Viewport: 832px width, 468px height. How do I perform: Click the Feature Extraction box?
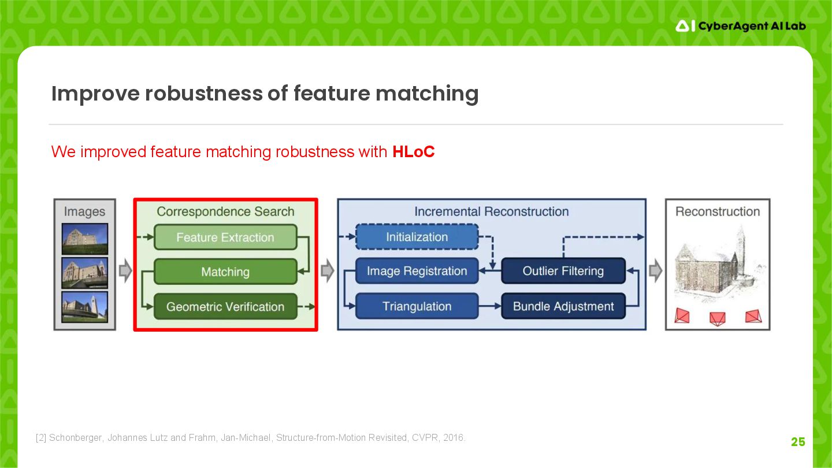225,237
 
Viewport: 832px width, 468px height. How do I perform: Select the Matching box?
225,272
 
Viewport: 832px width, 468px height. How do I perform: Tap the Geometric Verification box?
225,307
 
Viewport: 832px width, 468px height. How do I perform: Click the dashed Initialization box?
417,237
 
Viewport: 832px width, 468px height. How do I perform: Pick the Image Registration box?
417,271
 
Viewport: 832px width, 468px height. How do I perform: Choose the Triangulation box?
417,306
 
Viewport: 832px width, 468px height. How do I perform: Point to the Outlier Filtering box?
563,271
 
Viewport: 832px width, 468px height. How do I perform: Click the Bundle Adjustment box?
563,306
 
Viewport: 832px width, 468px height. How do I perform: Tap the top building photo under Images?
85,239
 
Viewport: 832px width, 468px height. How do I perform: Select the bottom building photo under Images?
85,307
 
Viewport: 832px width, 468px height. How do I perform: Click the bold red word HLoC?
413,152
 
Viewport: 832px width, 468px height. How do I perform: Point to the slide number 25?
798,442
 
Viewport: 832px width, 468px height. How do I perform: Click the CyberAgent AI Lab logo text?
751,26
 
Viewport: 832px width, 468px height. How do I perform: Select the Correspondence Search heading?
225,211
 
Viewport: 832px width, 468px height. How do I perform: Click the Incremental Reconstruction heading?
491,211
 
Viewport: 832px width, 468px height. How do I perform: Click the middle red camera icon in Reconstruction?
717,318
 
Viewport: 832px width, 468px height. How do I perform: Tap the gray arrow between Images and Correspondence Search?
125,271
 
